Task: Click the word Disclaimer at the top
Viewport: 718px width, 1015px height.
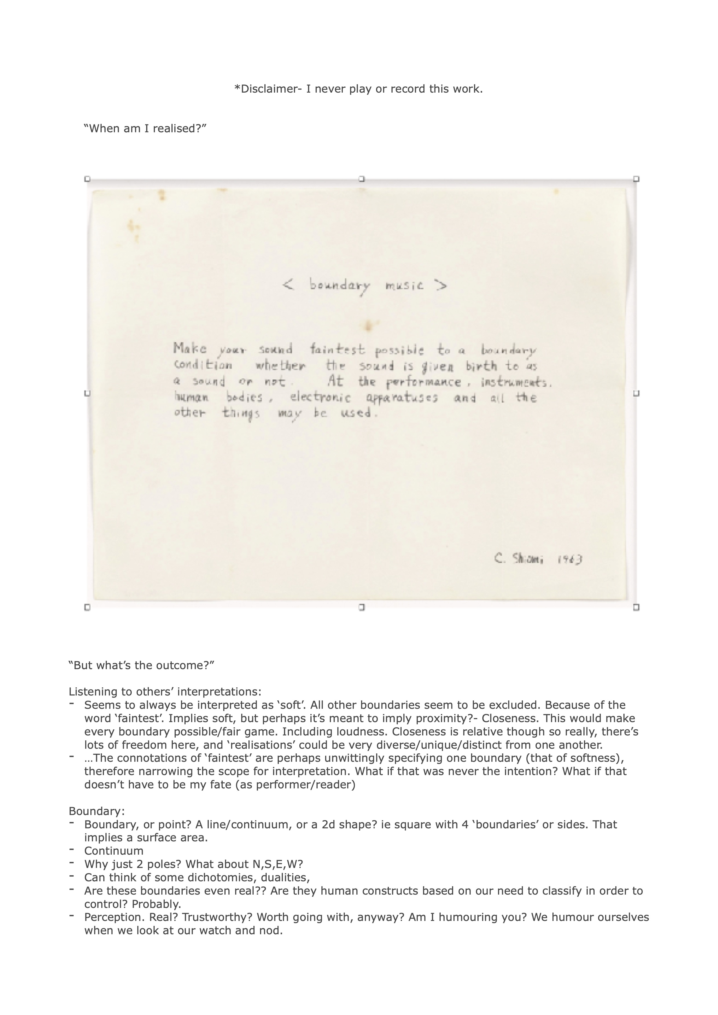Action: tap(268, 89)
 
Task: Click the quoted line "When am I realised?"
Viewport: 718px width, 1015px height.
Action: tap(145, 128)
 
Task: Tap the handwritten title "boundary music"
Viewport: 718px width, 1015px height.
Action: tap(365, 286)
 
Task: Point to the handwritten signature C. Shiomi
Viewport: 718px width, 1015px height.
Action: tap(518, 559)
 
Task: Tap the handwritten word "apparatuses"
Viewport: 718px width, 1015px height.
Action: tap(402, 398)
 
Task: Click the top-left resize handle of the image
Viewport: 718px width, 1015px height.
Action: tap(87, 179)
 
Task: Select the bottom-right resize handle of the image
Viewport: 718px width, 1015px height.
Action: tap(636, 607)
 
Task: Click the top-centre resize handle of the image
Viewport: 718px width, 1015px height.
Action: tap(362, 179)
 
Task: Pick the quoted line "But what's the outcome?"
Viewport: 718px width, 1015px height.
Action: tap(142, 665)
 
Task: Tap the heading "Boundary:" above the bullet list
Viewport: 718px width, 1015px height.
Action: tap(97, 811)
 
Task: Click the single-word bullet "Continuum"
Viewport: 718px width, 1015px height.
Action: tap(113, 851)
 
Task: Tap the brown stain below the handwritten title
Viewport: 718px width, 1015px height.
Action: tap(368, 326)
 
